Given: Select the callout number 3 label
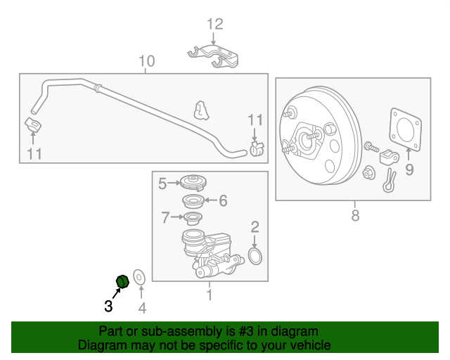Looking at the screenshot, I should point(108,306).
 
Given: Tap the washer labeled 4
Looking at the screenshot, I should point(139,278).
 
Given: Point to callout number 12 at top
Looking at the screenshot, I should point(214,25).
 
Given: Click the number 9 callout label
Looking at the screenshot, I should point(410,169).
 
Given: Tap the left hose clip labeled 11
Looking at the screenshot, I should point(32,127).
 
